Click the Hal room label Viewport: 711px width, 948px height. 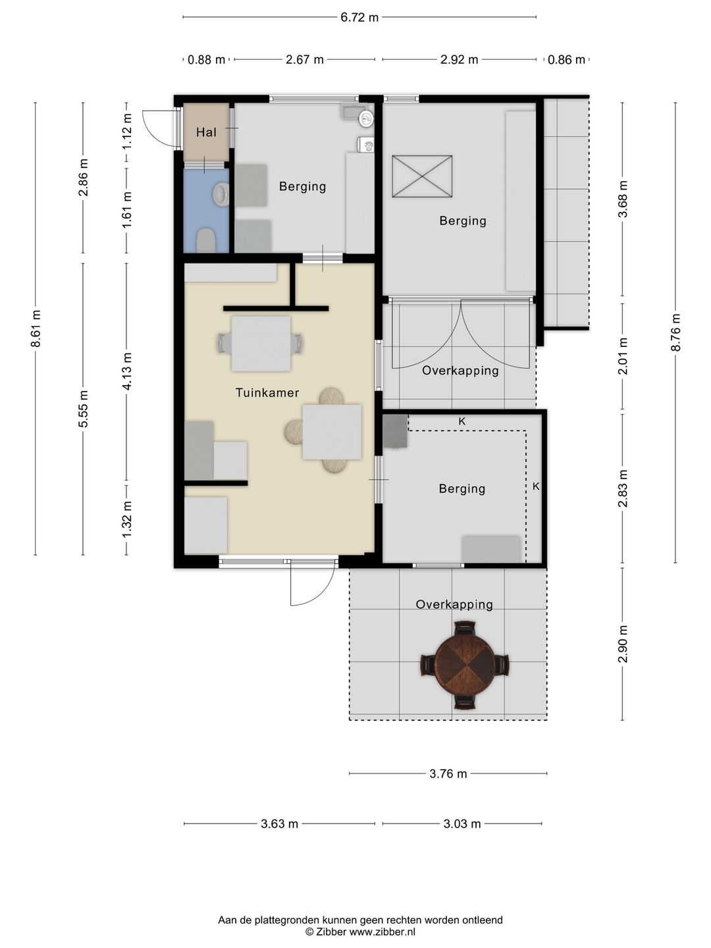206,132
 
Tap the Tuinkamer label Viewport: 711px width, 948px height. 267,392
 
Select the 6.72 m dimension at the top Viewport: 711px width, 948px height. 359,17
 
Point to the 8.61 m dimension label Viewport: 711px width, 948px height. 36,329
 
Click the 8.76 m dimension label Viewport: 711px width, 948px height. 675,332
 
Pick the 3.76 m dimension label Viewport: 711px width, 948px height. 448,774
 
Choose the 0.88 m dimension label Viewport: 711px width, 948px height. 206,60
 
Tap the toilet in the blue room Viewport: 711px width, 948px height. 206,240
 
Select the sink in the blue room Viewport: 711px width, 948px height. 221,194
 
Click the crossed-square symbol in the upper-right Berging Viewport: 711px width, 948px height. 422,176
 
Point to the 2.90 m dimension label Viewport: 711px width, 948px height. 623,645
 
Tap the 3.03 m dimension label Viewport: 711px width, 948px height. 462,824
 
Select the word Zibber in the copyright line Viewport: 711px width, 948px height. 331,932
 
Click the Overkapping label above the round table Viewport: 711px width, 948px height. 454,604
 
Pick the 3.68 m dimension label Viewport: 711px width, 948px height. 623,199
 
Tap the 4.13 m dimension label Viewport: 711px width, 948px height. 127,371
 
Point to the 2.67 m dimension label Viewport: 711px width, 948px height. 304,60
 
